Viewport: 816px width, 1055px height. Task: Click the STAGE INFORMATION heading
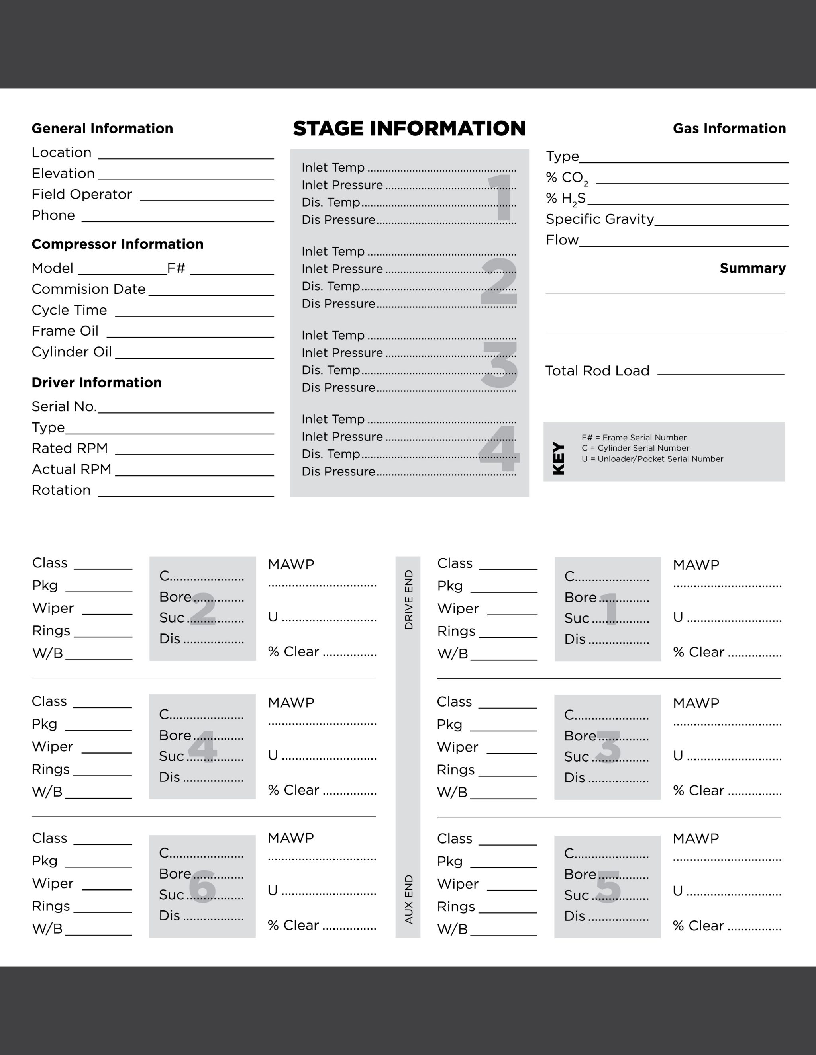pos(409,129)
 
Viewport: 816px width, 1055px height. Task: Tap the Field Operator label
pos(82,194)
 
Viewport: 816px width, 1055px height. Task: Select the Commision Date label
pos(88,289)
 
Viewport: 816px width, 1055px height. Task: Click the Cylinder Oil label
pos(72,352)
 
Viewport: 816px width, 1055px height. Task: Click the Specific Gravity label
pos(599,219)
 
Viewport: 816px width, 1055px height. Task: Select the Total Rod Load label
pos(597,371)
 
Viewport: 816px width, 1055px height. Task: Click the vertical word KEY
pos(558,458)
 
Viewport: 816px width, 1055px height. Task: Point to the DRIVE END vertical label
pos(408,600)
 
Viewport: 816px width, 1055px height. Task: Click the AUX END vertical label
pos(408,899)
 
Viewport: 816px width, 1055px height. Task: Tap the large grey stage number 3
pos(499,364)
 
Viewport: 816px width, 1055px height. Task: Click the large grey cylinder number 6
pos(202,887)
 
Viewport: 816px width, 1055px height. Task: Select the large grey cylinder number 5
pos(608,887)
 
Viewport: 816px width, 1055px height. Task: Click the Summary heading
pos(752,268)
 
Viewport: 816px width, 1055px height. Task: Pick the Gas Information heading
pos(729,129)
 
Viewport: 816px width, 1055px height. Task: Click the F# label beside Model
pos(176,268)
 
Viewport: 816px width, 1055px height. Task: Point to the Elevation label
pos(63,174)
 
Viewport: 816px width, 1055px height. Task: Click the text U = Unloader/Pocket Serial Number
pos(652,459)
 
